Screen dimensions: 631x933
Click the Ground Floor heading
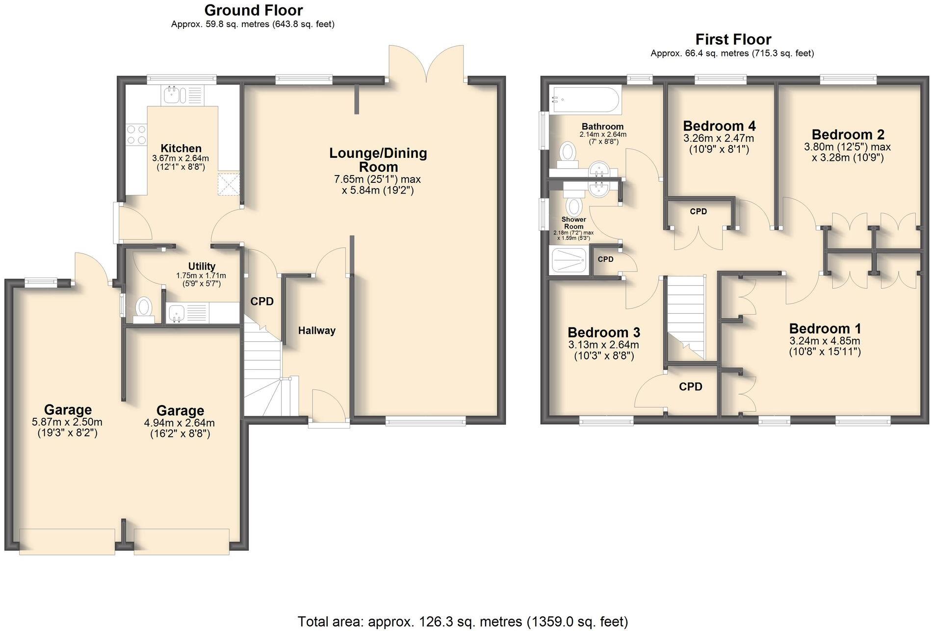click(253, 10)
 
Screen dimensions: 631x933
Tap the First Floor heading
click(733, 39)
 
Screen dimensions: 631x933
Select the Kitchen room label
click(181, 148)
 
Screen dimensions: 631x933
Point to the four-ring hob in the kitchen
click(136, 134)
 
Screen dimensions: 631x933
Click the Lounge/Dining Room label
click(378, 159)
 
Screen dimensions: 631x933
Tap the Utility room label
click(202, 266)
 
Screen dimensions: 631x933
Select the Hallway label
click(317, 330)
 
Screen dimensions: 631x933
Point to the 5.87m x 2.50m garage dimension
click(67, 422)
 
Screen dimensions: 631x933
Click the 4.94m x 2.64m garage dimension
click(180, 423)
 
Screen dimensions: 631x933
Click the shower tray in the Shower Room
click(569, 260)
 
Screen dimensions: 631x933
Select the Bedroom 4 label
click(719, 126)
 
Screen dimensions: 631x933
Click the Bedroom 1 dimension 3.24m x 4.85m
click(825, 341)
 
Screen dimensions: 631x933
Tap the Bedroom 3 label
click(603, 332)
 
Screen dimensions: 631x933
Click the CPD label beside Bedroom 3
click(690, 387)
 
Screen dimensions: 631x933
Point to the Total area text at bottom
click(463, 622)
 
